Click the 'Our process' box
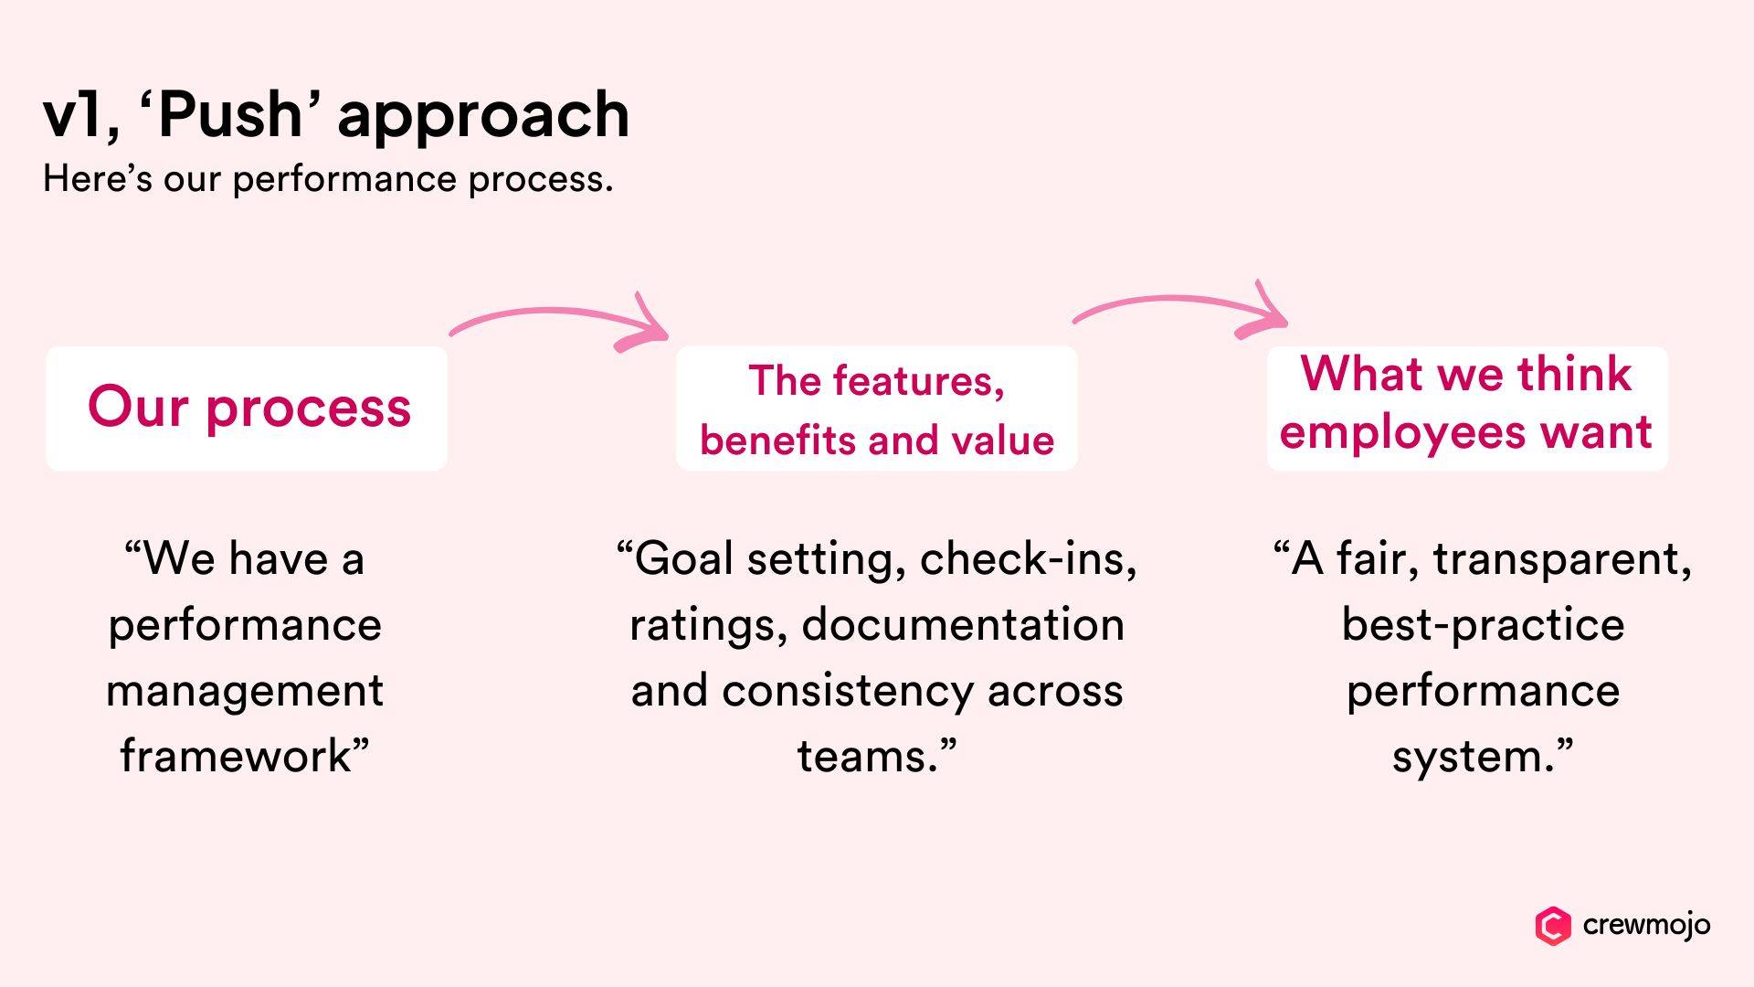click(247, 408)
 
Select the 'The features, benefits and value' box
click(876, 409)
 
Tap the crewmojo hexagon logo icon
click(1552, 926)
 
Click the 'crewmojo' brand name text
click(1646, 925)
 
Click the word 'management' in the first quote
click(245, 691)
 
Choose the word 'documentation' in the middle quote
click(963, 625)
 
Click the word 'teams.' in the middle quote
click(868, 757)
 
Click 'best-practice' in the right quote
click(1483, 625)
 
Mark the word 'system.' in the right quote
click(1473, 757)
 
